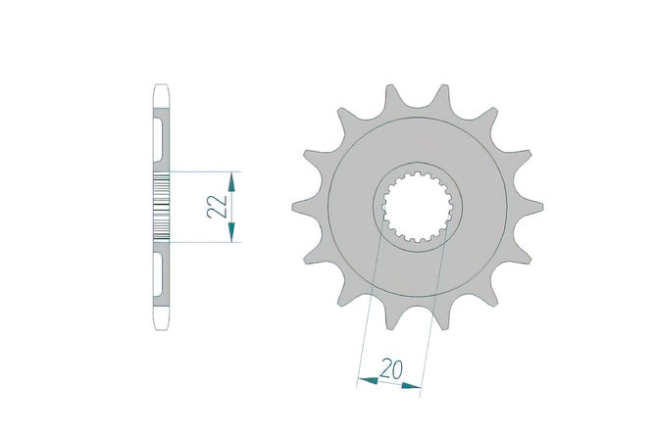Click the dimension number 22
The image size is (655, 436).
pos(218,206)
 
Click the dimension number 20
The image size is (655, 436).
pos(391,368)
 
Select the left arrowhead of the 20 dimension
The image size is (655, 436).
pos(368,380)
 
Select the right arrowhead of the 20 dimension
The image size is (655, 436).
pos(412,386)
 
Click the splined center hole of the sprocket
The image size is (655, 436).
pos(418,207)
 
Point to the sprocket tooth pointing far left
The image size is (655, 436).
pos(303,207)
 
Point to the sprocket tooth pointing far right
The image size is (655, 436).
pos(531,207)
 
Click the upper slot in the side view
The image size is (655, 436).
pos(158,140)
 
